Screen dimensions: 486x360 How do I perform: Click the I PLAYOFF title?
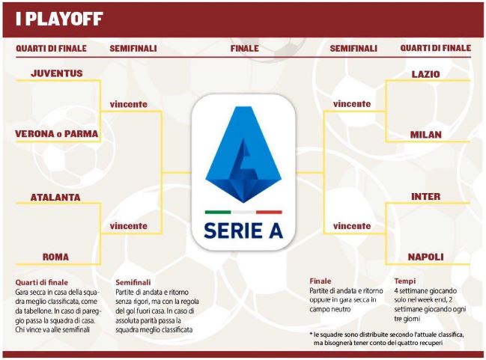[59, 19]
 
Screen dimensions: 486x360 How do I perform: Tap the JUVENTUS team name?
[57, 73]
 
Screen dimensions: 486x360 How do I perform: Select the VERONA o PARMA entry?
[56, 134]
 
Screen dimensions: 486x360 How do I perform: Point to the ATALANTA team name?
[55, 198]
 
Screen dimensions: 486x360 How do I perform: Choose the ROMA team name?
[56, 257]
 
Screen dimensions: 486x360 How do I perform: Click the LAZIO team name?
[425, 74]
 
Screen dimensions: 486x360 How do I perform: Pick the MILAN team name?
[425, 135]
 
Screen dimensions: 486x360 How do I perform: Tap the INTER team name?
[425, 196]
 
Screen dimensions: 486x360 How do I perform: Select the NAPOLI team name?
[425, 257]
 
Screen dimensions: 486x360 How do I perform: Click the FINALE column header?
[245, 49]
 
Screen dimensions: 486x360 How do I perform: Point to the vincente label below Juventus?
[128, 104]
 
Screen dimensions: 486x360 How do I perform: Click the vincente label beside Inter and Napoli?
[352, 226]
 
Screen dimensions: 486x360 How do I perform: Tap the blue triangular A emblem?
[243, 154]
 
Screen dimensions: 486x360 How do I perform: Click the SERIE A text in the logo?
[243, 231]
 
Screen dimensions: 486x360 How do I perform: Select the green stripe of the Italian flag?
[218, 213]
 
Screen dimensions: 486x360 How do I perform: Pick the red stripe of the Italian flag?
[269, 213]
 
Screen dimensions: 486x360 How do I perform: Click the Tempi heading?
[405, 281]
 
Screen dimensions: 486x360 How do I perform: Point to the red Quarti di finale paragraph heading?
[41, 283]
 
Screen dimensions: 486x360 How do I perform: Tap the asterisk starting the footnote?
[311, 334]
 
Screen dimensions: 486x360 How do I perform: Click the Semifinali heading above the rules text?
[133, 283]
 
